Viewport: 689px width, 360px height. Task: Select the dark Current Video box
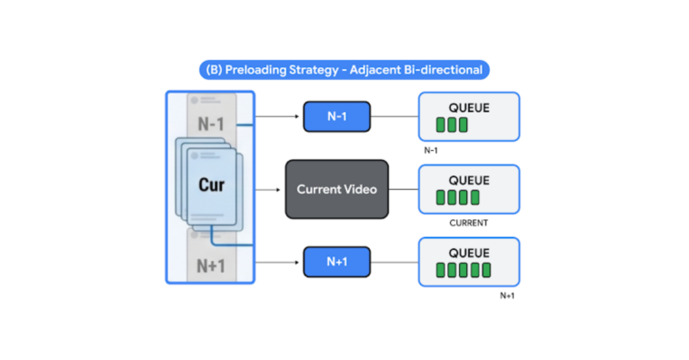pos(337,189)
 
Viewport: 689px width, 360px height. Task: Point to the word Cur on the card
pos(212,184)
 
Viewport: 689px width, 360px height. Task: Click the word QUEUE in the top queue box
pos(468,107)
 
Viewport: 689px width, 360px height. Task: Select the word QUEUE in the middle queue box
pos(468,179)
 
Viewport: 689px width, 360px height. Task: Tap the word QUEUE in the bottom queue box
pos(468,252)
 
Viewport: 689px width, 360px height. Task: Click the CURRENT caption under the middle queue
pos(469,223)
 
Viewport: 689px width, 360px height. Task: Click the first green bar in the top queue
pos(441,125)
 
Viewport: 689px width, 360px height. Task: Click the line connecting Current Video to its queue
pos(403,190)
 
